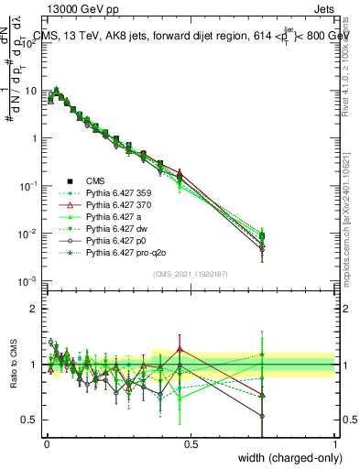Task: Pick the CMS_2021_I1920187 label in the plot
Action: point(191,274)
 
